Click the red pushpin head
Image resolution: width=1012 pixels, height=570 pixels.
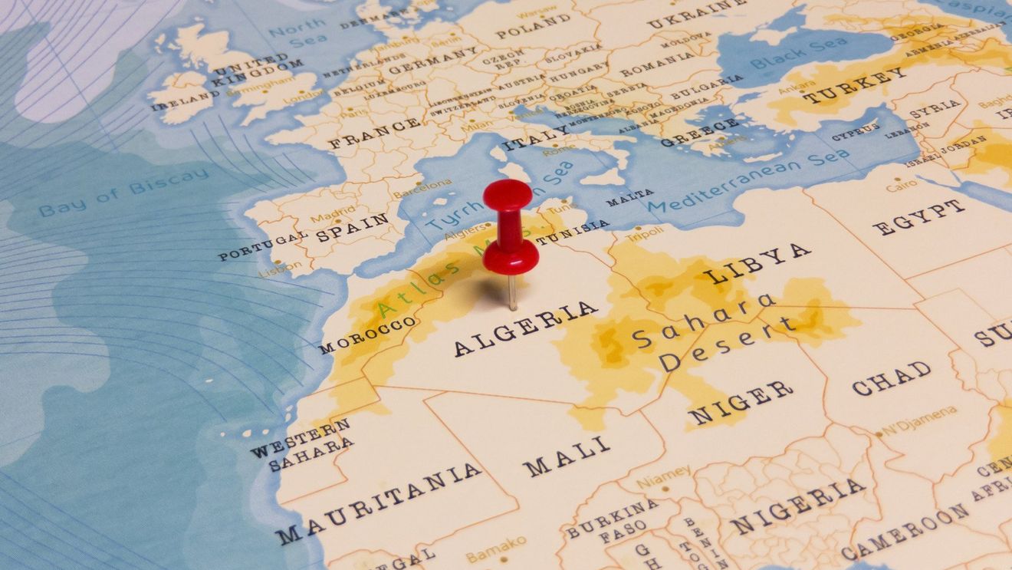click(508, 195)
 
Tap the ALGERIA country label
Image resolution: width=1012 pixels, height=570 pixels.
click(525, 328)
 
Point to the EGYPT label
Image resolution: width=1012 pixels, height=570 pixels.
click(918, 217)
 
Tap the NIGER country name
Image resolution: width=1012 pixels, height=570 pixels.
click(740, 401)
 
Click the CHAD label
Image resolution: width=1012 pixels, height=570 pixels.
click(891, 377)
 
